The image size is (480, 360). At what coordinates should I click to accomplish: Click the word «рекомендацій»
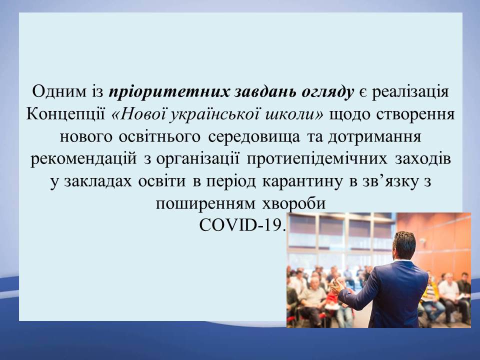[x=83, y=160]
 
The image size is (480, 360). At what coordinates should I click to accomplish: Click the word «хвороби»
[x=293, y=204]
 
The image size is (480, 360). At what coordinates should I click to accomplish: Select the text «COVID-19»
[x=240, y=226]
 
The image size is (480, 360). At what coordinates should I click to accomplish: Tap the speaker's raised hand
[x=337, y=286]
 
